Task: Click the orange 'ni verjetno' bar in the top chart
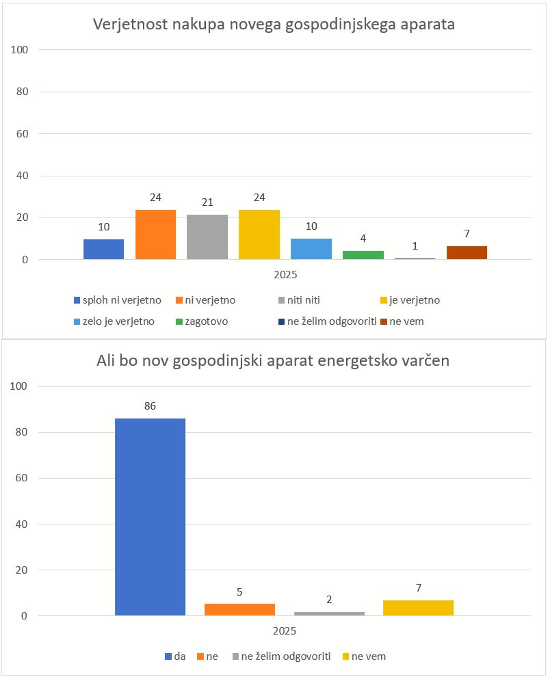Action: click(155, 235)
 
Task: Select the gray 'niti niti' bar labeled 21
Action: click(207, 237)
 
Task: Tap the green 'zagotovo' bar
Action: click(363, 255)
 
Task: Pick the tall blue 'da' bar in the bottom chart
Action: click(150, 516)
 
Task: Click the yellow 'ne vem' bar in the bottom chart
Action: click(418, 608)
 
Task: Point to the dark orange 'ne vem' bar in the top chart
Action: click(467, 252)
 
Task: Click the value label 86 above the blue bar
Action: click(150, 406)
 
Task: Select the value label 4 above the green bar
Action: click(363, 239)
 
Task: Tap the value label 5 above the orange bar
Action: click(239, 592)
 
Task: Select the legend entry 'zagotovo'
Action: click(206, 321)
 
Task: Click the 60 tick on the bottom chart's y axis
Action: click(21, 478)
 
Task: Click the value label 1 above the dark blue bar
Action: click(415, 246)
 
